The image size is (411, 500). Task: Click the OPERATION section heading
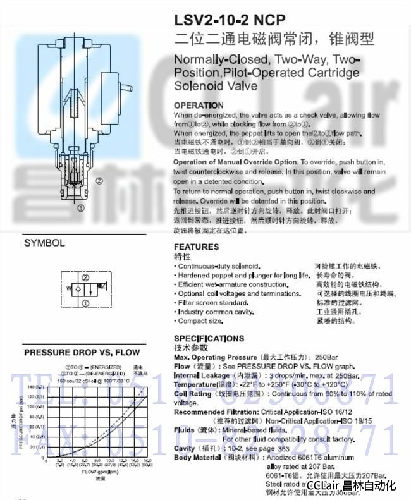[199, 106]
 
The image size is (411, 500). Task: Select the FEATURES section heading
[197, 247]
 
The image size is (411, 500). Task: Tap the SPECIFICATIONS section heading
[209, 339]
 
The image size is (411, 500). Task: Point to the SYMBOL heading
[44, 243]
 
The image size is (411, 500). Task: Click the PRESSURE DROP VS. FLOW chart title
[82, 353]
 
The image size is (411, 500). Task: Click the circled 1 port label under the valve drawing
[81, 207]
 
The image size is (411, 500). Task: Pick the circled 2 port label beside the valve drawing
[99, 180]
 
